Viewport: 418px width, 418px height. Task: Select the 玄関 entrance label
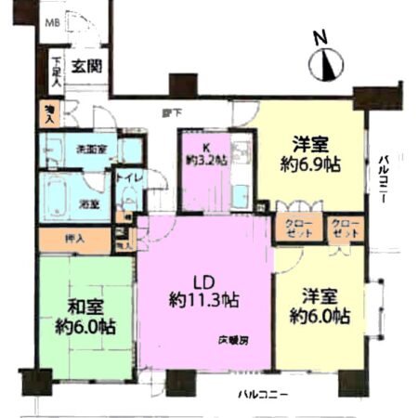88,67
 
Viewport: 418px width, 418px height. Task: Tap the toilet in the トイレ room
127,200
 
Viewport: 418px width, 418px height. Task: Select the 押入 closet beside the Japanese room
75,239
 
